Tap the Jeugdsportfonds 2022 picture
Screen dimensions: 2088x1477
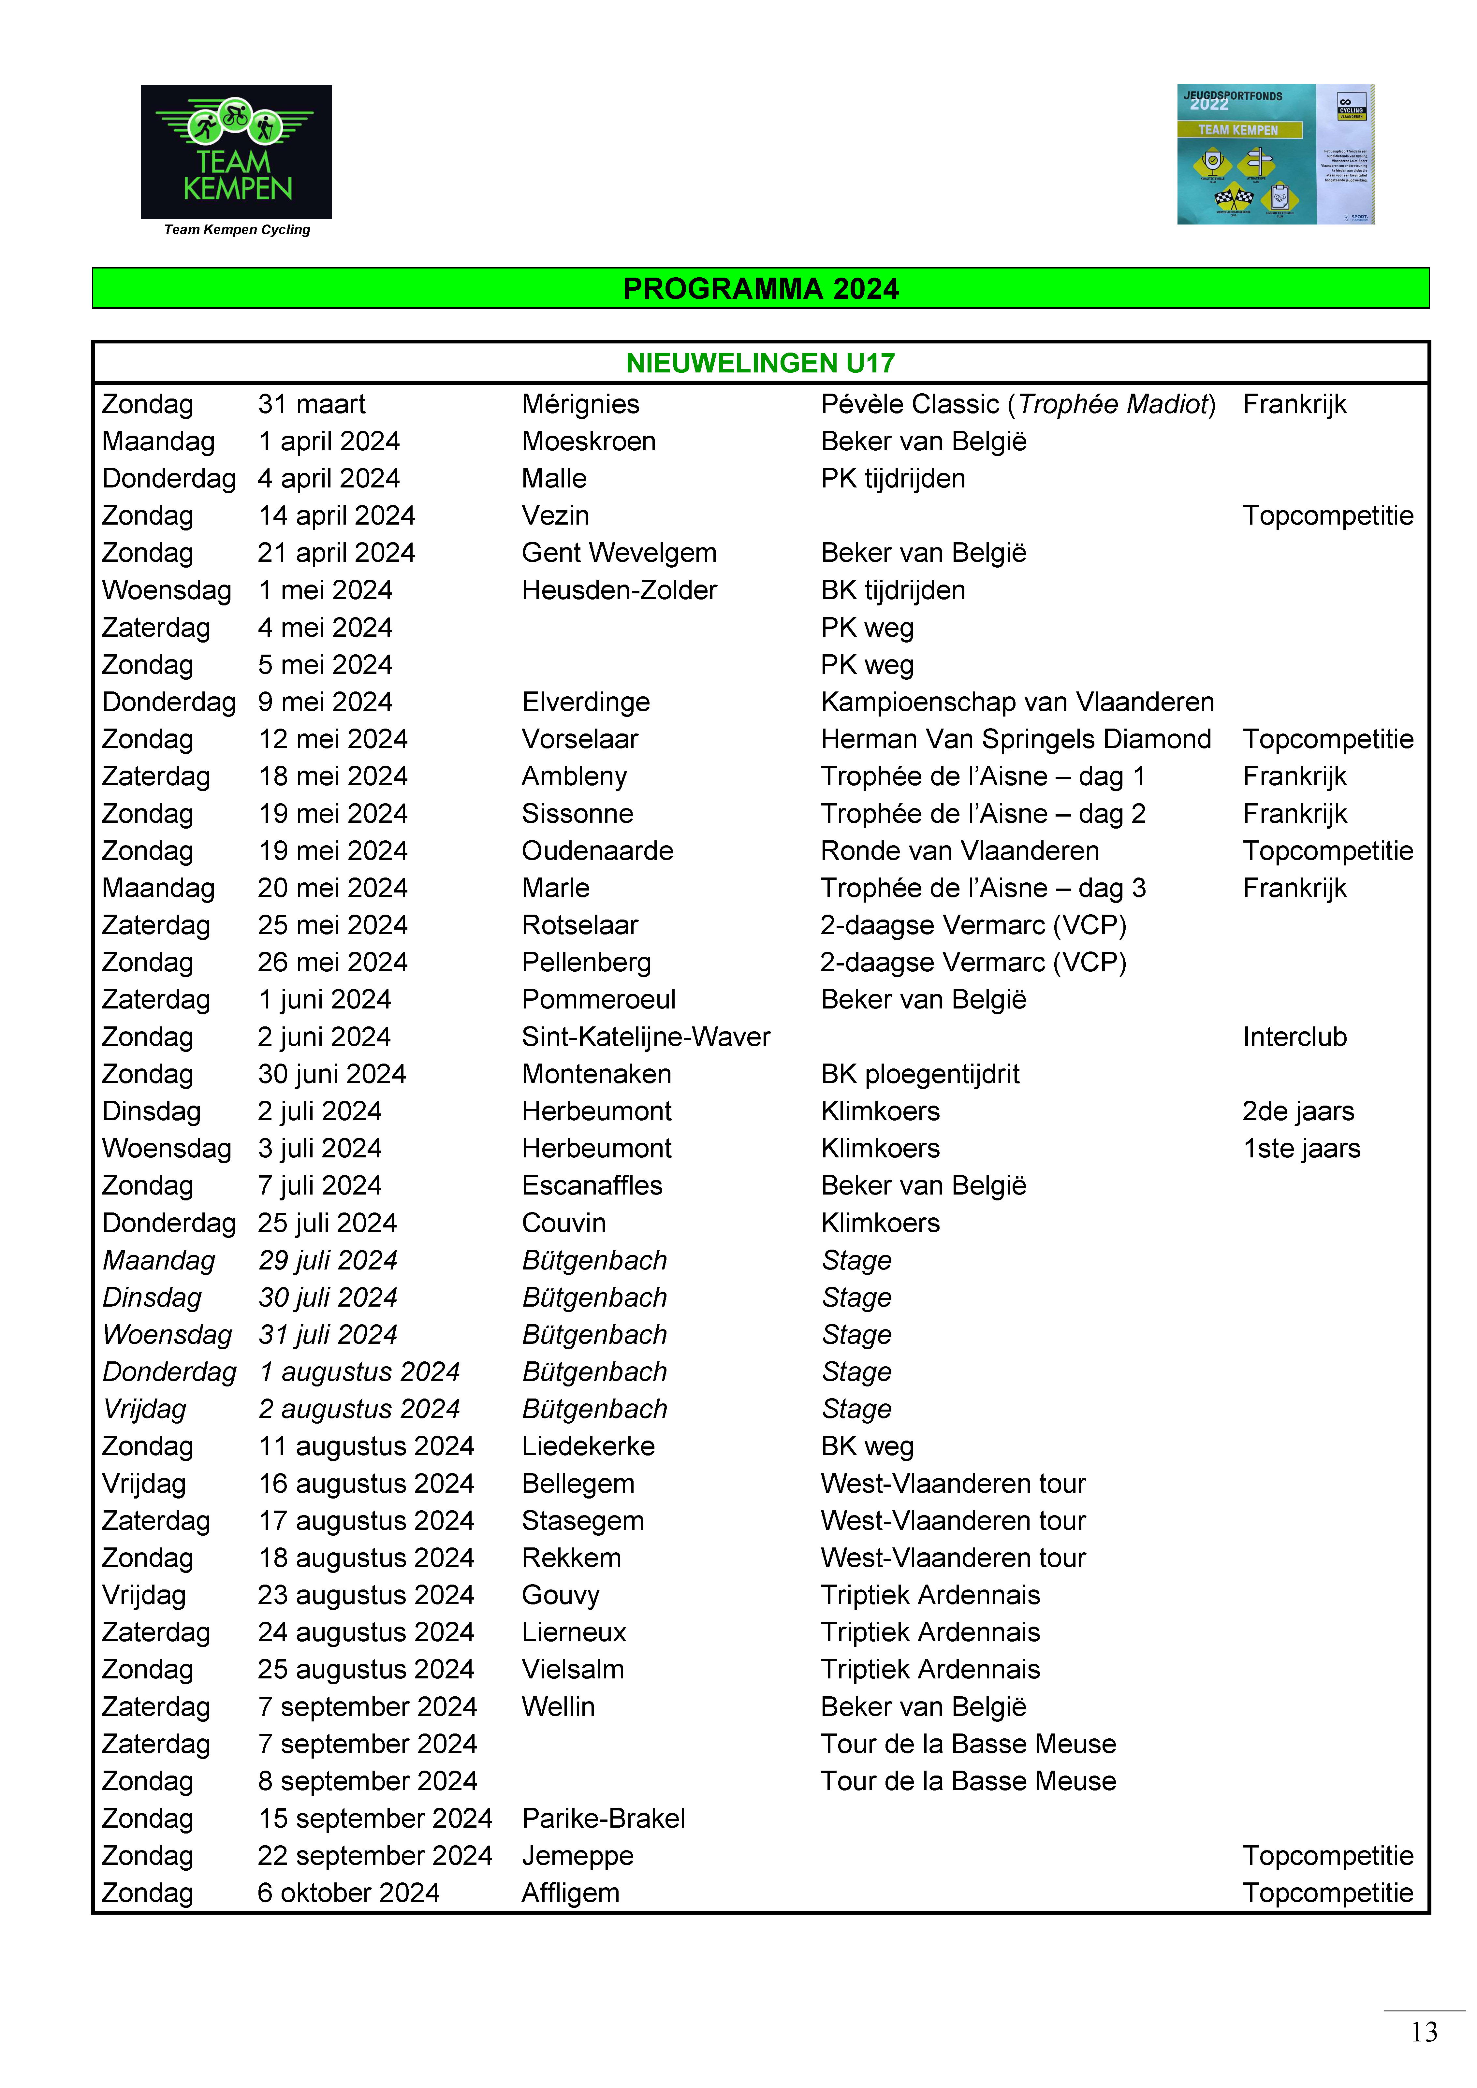point(1275,154)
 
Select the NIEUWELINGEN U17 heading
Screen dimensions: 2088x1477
point(760,363)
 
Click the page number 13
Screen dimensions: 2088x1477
point(1424,2032)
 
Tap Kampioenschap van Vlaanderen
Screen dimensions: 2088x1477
point(1017,702)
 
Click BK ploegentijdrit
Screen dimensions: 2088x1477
point(919,1074)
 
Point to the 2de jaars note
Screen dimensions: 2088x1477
point(1298,1111)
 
